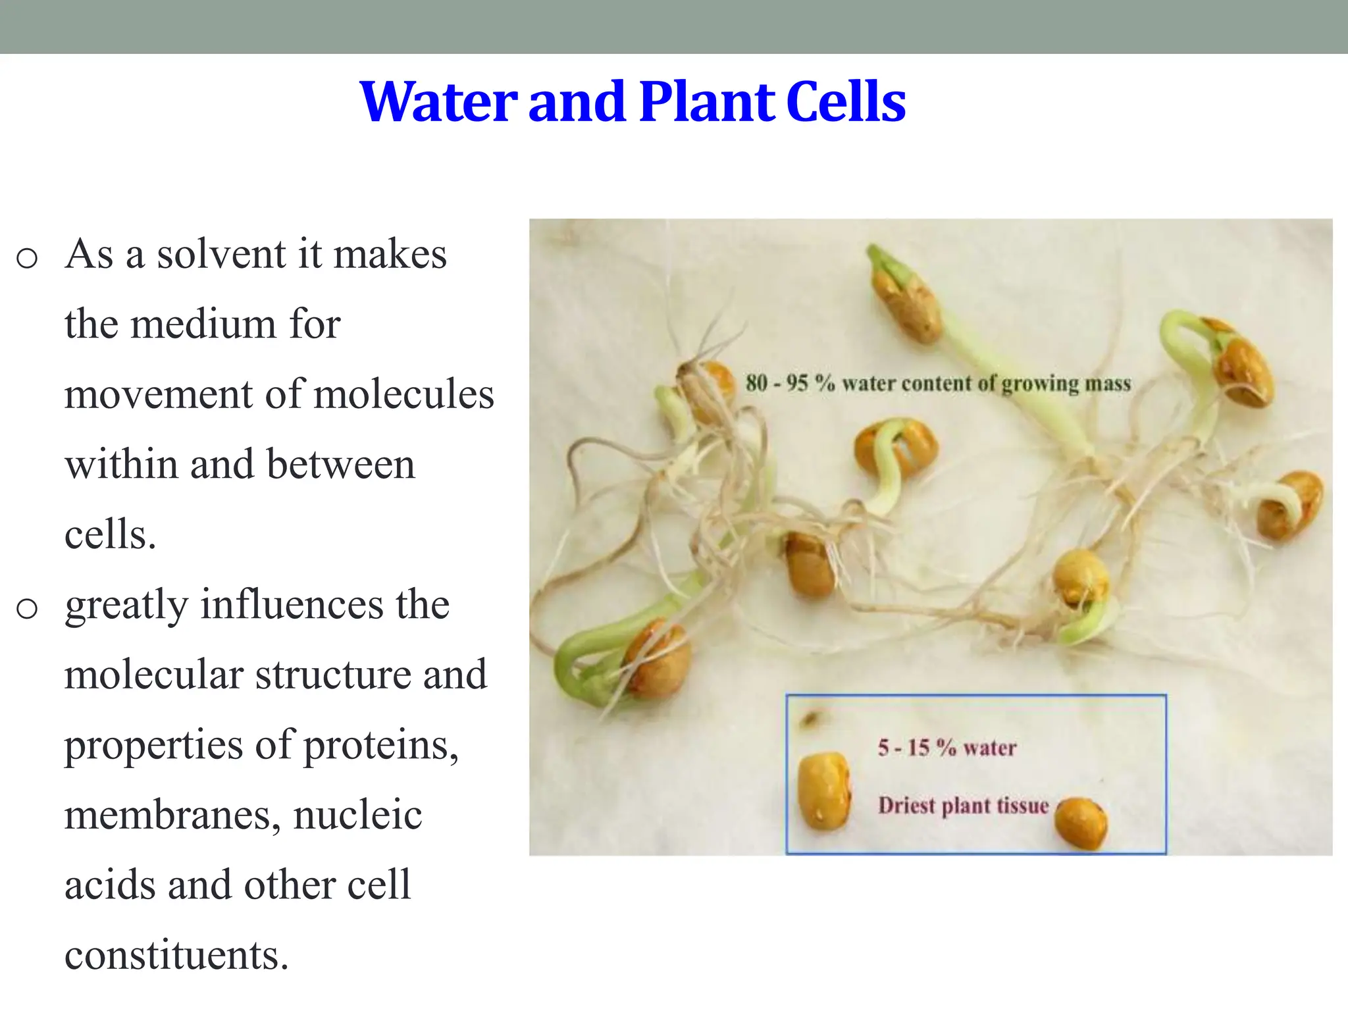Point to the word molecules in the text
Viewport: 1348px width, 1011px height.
403,395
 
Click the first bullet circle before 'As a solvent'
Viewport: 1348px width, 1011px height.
27,258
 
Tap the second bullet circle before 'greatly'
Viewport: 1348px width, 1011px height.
27,609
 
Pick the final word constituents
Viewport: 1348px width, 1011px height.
176,955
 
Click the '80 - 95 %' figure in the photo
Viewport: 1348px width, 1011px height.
790,383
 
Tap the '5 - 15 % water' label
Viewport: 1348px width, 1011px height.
946,748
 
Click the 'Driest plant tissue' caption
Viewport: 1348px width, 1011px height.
963,806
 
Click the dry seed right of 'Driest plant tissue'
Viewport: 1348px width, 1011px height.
1081,823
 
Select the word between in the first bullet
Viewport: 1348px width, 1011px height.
340,465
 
